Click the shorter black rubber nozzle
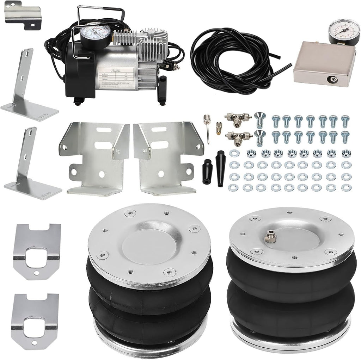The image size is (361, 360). (x=207, y=171)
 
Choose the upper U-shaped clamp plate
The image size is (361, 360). (x=37, y=250)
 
